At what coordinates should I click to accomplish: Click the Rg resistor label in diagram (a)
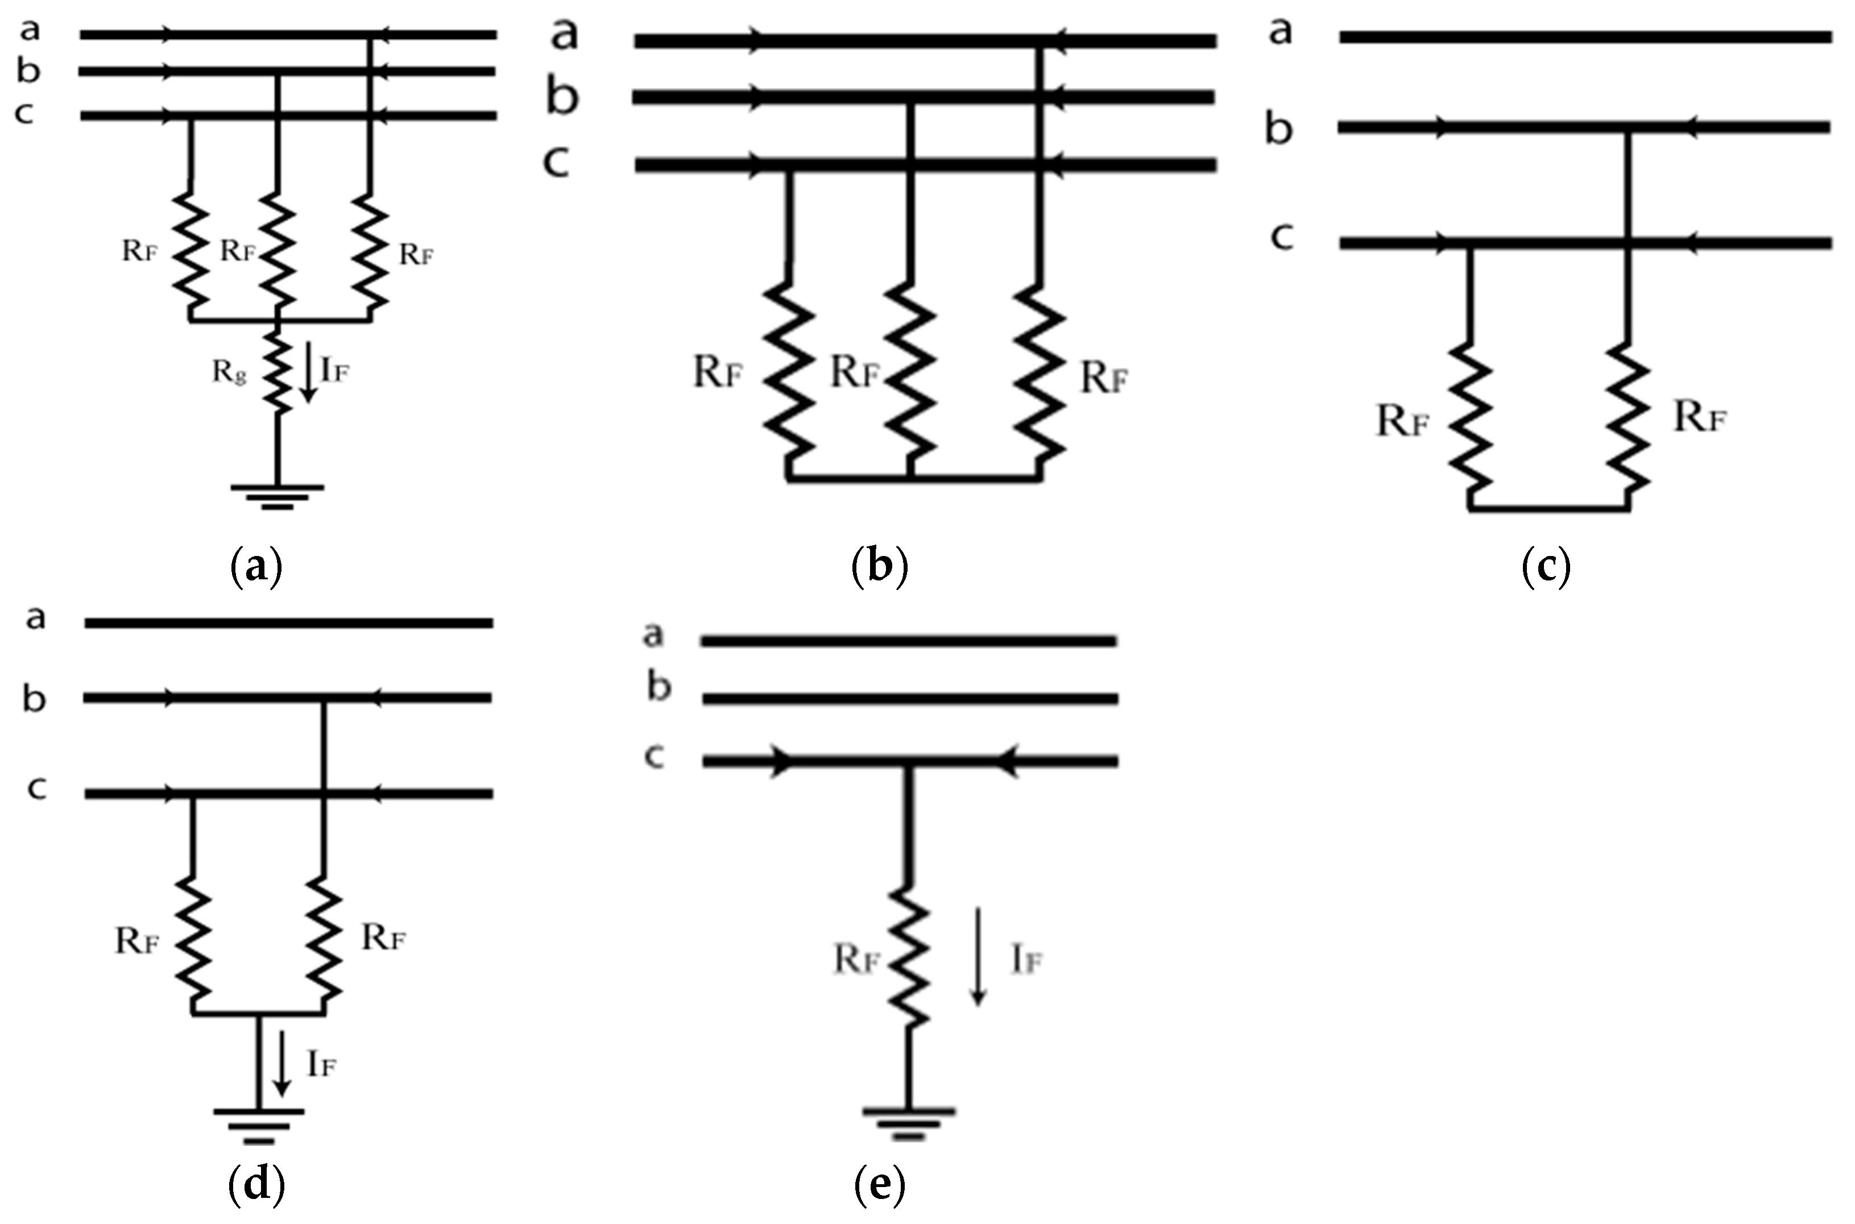pos(229,373)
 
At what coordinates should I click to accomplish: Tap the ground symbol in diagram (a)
pos(277,496)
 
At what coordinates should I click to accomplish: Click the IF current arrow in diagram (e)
pos(978,956)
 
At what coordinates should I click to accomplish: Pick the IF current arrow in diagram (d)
pos(282,1063)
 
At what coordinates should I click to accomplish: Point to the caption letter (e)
pos(880,1185)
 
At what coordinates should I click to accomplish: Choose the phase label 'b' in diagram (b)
pos(562,98)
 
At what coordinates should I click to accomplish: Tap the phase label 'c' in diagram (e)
pos(654,756)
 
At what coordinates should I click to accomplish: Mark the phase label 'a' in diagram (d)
pos(35,618)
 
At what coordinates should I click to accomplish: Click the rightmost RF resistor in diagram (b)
pos(1039,375)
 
